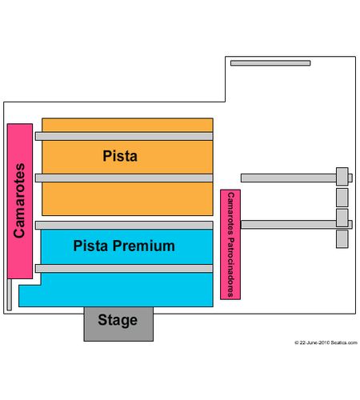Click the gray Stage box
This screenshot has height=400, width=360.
[x=118, y=324]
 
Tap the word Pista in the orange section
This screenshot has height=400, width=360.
[x=120, y=156]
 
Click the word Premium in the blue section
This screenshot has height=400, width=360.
[x=144, y=246]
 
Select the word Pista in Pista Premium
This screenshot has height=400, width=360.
[x=90, y=246]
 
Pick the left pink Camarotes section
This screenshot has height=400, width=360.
[x=20, y=201]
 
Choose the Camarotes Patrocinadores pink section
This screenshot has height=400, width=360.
[x=230, y=245]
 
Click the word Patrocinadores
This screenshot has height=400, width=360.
[x=230, y=267]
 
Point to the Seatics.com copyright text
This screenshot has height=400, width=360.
[x=326, y=342]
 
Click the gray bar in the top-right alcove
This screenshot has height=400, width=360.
[x=270, y=63]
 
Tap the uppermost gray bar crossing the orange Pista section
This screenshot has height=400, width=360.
[x=124, y=136]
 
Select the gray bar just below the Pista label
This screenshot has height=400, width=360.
[x=124, y=178]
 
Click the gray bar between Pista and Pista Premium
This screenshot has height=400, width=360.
[x=124, y=225]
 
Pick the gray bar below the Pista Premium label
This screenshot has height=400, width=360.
[x=124, y=268]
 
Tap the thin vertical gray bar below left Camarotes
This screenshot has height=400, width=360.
[x=10, y=294]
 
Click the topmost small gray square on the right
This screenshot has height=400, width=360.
[x=342, y=176]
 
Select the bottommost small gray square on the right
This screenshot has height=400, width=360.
[x=342, y=239]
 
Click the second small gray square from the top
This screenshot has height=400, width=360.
[x=342, y=198]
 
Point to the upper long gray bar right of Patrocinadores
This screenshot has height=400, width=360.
[x=297, y=178]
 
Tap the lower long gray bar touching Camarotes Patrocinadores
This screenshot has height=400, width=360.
[x=297, y=224]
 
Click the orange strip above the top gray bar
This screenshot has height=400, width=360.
[x=127, y=125]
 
